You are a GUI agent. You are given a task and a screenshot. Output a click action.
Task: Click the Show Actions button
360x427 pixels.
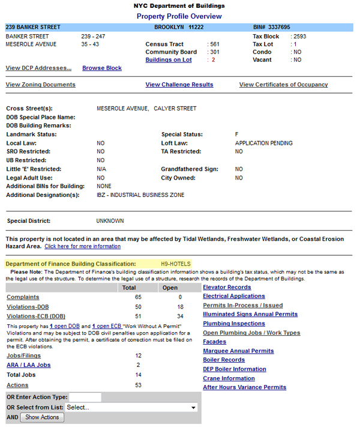point(42,417)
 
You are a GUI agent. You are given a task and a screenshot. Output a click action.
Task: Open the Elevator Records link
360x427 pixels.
point(227,288)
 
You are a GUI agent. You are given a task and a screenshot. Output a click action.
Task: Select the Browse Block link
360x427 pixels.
point(102,68)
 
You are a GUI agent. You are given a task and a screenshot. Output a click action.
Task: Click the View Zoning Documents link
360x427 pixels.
point(40,85)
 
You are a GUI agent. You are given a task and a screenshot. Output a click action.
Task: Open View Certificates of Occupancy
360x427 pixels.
point(283,85)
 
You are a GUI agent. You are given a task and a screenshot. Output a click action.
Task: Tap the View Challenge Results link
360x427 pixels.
point(179,85)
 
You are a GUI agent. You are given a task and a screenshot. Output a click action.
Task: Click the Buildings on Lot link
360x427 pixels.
point(169,60)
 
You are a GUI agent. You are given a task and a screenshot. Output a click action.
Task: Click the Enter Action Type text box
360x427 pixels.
point(85,397)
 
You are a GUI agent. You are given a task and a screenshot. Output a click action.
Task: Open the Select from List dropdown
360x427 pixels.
point(131,407)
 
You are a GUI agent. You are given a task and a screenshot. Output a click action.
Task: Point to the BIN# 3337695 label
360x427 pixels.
point(272,28)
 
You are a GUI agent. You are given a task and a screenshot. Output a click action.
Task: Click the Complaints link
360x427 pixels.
point(23,297)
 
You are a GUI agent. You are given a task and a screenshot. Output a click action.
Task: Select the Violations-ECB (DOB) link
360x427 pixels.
point(36,316)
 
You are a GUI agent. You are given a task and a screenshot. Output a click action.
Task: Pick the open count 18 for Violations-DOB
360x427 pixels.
point(181,307)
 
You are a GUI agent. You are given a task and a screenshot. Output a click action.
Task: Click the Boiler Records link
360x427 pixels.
point(224,360)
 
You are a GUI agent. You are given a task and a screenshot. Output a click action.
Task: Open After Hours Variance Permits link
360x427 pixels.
point(244,387)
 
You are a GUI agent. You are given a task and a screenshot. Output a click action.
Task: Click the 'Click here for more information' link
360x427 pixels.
point(82,247)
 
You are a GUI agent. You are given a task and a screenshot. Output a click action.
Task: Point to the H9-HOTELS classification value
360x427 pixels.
point(176,264)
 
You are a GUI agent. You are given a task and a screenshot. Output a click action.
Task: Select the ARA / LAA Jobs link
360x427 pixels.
point(28,365)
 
